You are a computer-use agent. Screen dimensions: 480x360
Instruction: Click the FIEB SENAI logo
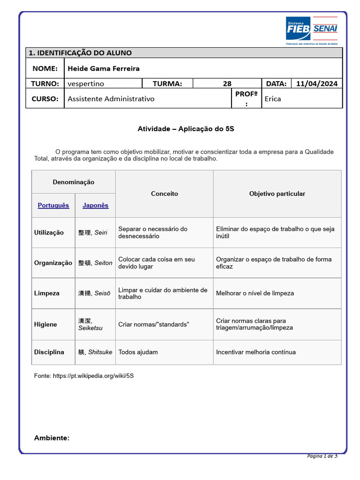311,29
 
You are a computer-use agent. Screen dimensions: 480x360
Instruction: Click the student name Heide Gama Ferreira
104,68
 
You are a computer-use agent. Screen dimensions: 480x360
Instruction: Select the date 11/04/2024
317,84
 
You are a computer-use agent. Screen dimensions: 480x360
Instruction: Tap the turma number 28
227,84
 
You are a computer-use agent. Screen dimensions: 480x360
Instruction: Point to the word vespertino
86,84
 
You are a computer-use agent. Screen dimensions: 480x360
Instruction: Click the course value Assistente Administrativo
111,98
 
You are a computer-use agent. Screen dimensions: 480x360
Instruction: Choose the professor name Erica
273,98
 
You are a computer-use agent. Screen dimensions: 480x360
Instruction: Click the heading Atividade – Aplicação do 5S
186,128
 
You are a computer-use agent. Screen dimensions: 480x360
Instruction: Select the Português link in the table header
53,205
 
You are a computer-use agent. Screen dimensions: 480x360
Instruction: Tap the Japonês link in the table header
95,205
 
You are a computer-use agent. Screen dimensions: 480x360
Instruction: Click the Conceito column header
164,194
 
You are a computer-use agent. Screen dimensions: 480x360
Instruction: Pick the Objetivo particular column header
277,194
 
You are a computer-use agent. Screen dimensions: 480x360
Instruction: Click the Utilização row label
49,232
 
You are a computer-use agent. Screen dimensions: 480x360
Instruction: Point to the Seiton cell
95,263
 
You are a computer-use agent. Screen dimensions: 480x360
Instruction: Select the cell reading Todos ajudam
138,352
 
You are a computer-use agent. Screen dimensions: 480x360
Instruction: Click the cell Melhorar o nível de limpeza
255,293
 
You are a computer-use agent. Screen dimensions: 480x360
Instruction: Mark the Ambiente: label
52,438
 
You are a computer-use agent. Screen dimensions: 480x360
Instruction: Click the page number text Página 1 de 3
322,456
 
